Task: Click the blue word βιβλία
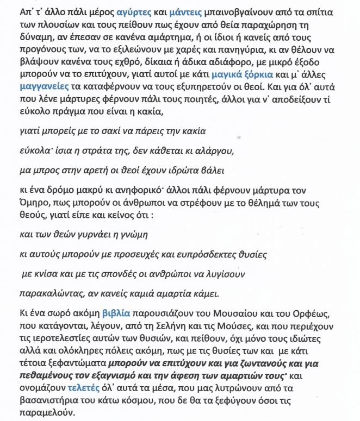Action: pos(116,313)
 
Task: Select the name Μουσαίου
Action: pos(234,313)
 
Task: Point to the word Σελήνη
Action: pos(157,326)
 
